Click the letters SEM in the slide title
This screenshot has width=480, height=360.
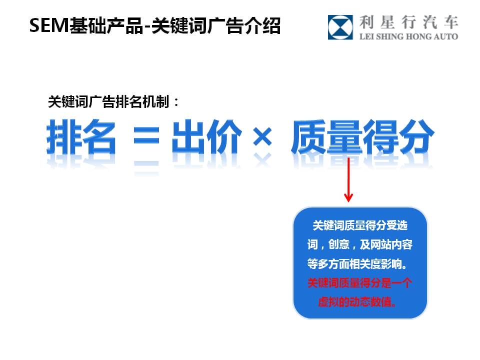click(x=49, y=25)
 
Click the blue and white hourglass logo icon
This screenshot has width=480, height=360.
click(x=340, y=27)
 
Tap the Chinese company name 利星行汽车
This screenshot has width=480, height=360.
click(x=408, y=22)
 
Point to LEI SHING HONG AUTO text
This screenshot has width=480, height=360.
click(x=408, y=36)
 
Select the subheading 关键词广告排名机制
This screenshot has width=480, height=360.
click(x=108, y=101)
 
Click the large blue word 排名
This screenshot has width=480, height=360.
click(x=81, y=136)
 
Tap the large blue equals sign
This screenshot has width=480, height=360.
click(x=146, y=136)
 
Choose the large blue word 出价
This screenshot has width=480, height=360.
click(x=206, y=136)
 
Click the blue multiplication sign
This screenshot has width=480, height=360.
click(x=262, y=136)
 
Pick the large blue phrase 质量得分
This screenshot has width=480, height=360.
click(x=362, y=136)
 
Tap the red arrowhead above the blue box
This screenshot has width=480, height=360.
click(x=348, y=197)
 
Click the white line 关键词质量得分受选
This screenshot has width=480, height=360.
click(x=360, y=225)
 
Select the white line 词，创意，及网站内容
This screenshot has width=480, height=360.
click(x=360, y=244)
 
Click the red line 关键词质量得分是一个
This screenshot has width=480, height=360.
click(x=359, y=283)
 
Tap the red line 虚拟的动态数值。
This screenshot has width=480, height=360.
click(x=357, y=302)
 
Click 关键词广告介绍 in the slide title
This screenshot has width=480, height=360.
click(x=216, y=25)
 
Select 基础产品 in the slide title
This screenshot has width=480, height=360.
click(x=106, y=25)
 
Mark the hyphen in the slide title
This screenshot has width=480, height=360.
click(x=147, y=27)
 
